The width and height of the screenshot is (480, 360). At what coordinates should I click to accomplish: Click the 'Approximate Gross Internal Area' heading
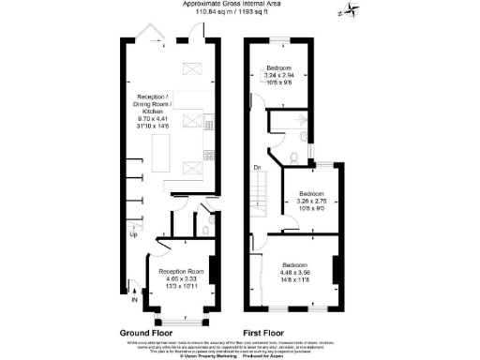click(x=238, y=5)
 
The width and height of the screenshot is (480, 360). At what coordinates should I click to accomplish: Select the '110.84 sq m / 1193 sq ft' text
click(x=238, y=13)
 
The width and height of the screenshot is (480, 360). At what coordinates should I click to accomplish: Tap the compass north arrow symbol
click(x=349, y=10)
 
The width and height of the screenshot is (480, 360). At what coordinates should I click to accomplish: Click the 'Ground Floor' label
click(x=144, y=333)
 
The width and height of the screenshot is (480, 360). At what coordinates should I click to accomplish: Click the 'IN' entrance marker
click(x=134, y=300)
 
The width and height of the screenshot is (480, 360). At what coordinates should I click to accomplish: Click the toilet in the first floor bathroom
click(x=294, y=156)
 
